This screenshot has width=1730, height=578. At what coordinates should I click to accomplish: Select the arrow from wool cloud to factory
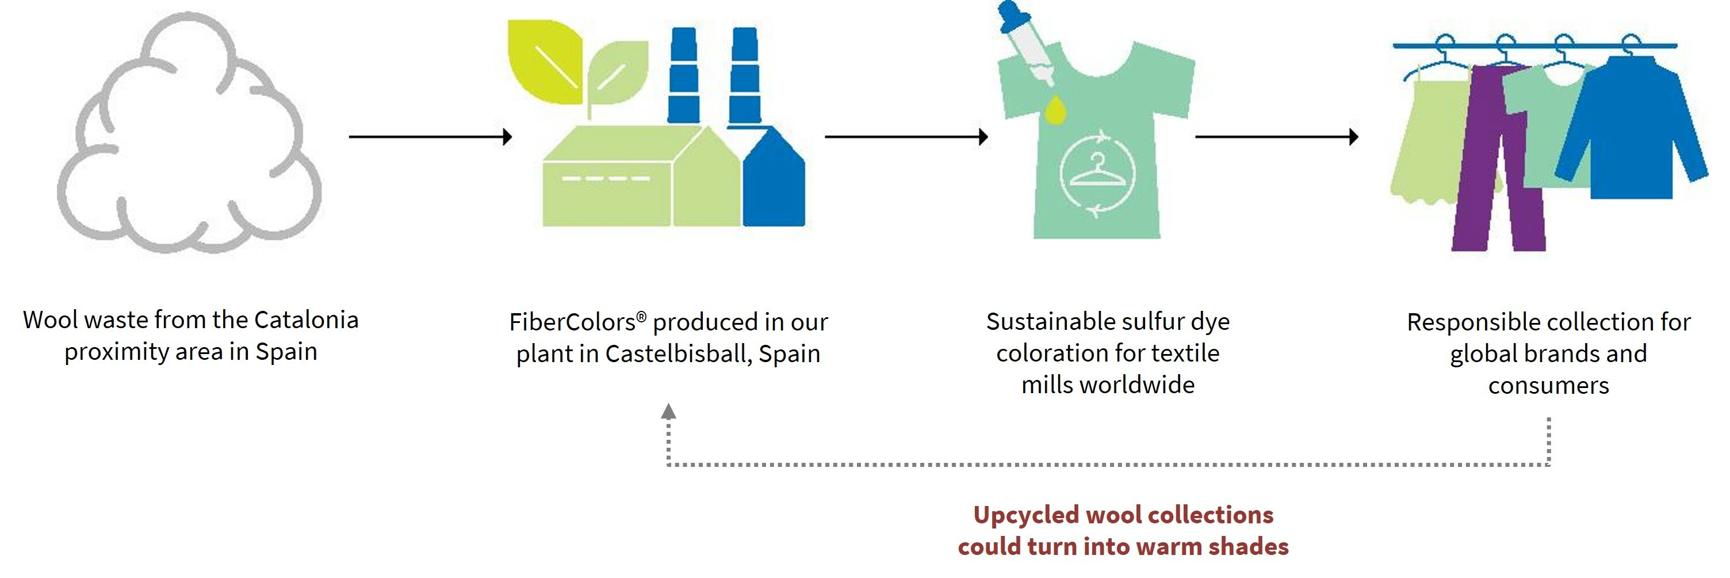pos(430,136)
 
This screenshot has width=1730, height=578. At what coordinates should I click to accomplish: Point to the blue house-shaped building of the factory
pos(774,185)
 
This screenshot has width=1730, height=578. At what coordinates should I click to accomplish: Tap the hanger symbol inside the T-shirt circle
pos(1097,172)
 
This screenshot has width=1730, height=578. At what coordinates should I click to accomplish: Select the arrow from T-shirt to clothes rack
pos(1276,136)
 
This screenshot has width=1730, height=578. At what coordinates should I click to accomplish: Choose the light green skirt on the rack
pos(1427,148)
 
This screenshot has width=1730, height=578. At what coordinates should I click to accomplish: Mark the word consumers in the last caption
pos(1549,386)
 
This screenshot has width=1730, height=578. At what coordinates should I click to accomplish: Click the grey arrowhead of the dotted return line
pos(668,411)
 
